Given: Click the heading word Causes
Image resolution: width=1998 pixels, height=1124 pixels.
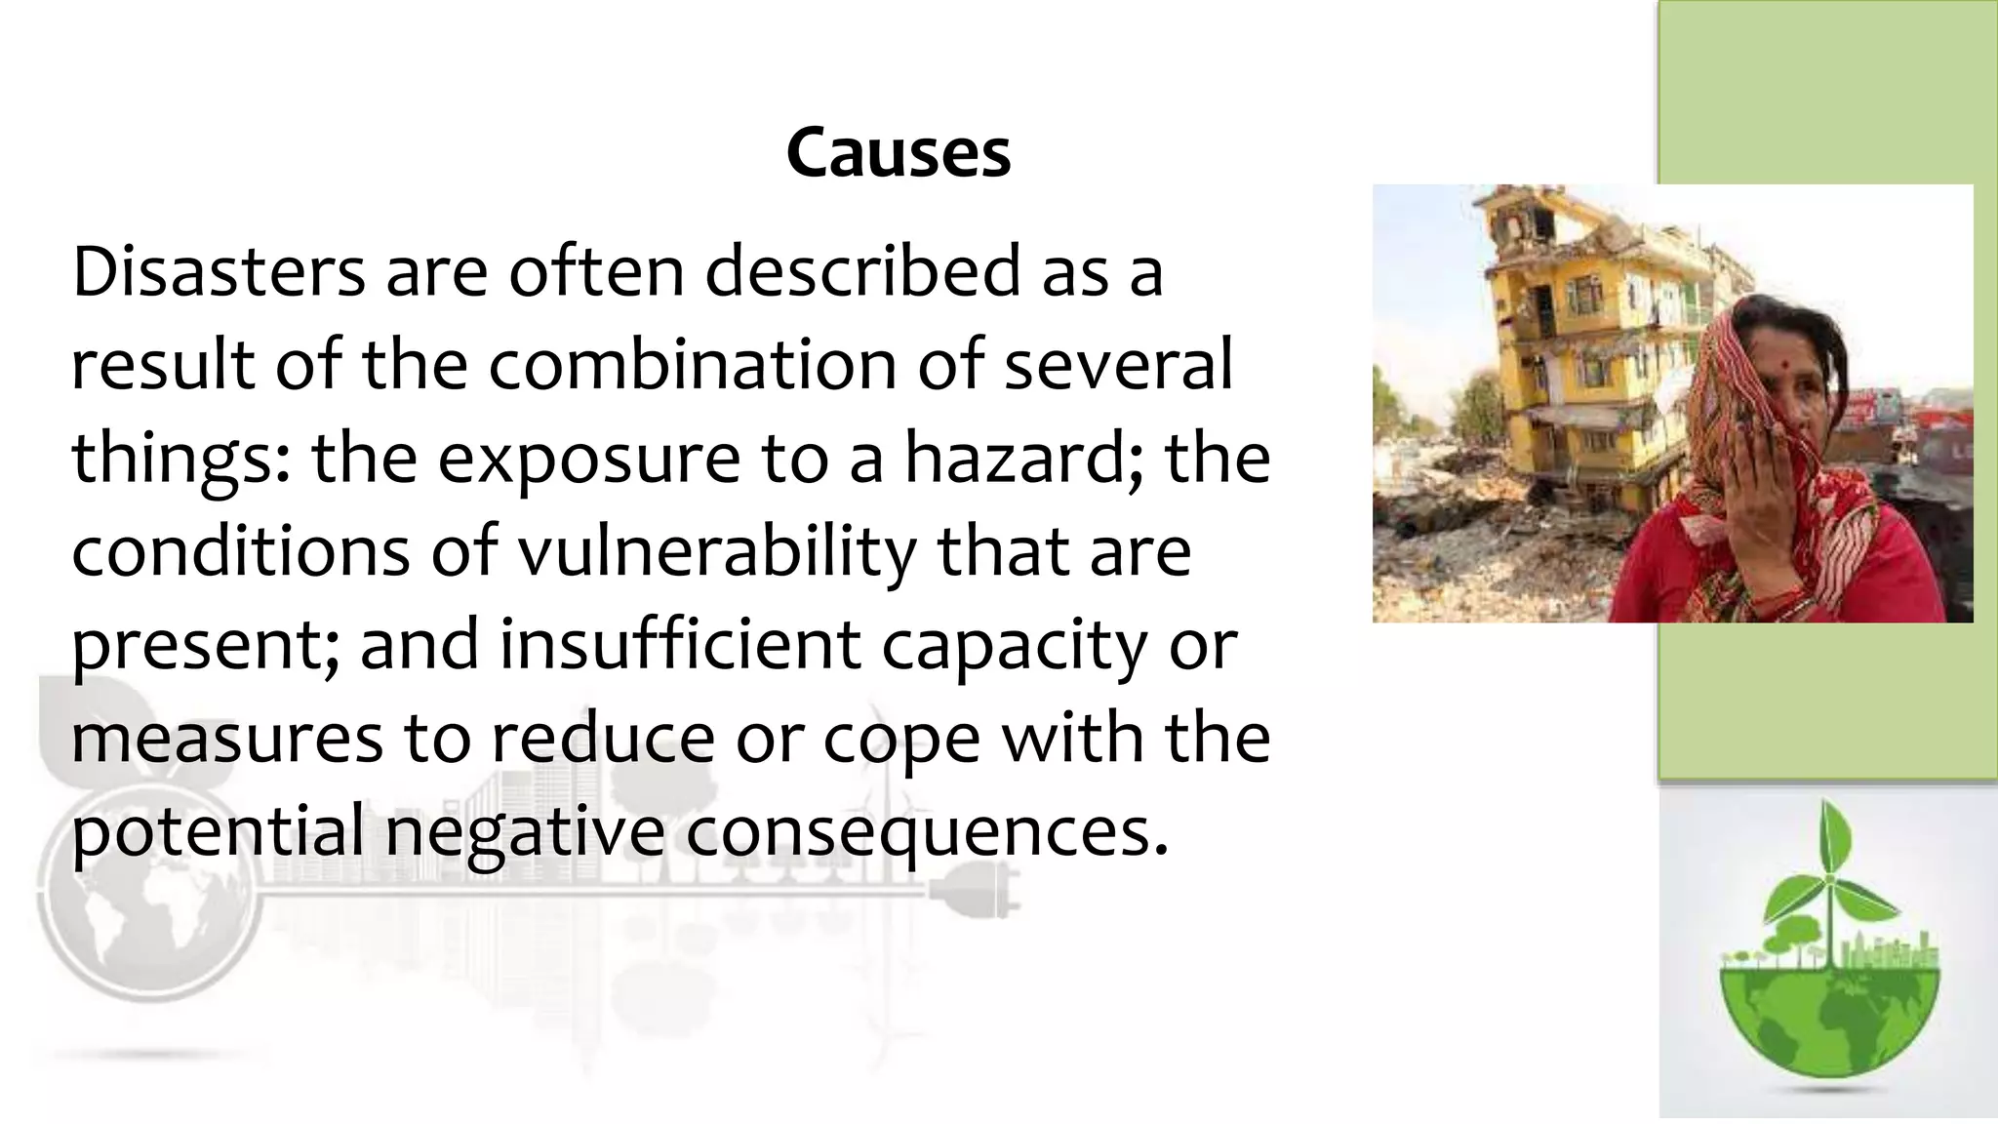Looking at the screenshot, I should [x=899, y=154].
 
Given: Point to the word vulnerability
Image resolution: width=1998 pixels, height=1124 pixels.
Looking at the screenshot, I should [x=717, y=552].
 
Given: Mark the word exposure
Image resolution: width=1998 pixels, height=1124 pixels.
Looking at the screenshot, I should [x=588, y=461].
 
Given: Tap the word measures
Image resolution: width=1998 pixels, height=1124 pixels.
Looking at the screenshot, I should [x=227, y=739].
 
